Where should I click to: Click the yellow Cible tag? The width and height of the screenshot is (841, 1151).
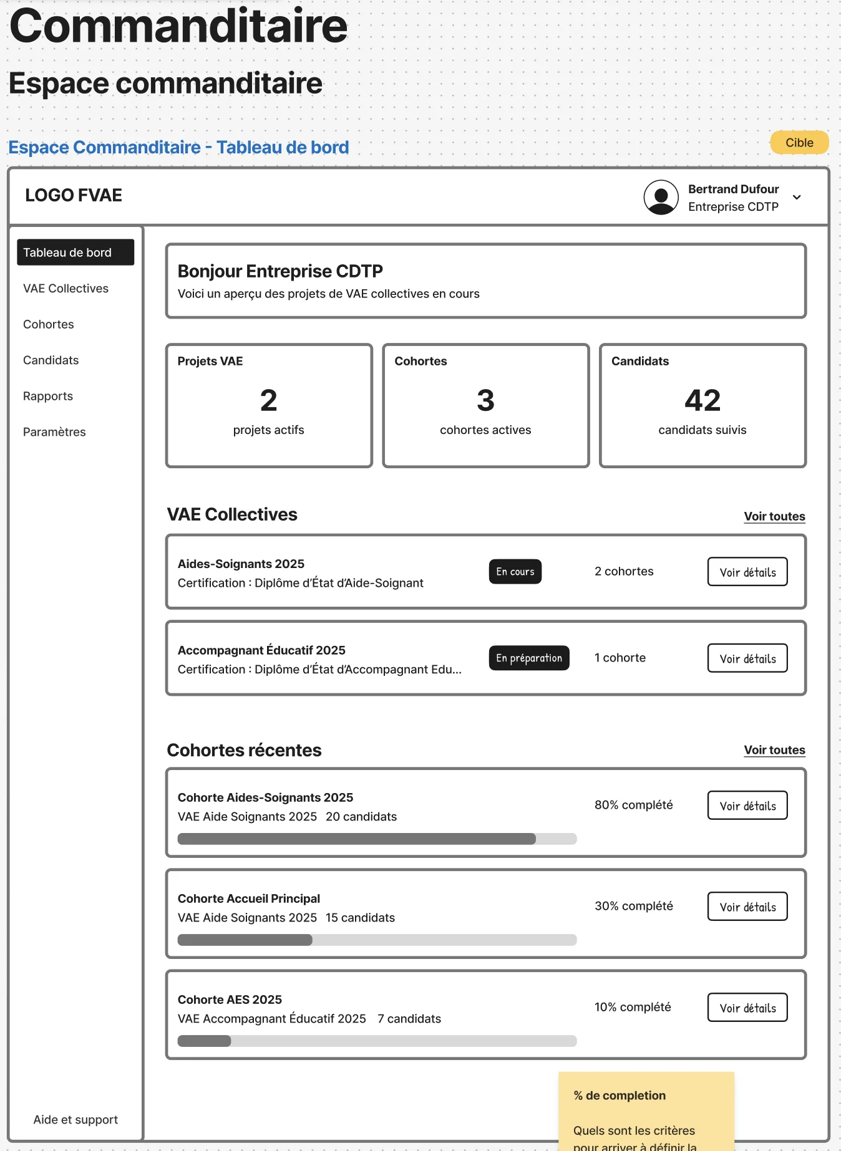click(x=799, y=143)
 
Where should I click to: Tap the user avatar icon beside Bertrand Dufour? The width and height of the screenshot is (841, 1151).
click(x=661, y=198)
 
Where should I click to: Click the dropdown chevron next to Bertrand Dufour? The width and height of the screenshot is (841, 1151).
click(x=797, y=198)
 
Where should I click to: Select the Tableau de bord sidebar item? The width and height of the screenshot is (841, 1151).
click(x=75, y=253)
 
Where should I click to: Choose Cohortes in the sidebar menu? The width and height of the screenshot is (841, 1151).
click(x=49, y=324)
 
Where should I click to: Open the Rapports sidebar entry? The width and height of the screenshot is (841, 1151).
click(x=48, y=396)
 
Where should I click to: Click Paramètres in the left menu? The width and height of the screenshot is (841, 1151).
click(x=54, y=432)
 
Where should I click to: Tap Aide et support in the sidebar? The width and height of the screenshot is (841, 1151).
click(x=75, y=1119)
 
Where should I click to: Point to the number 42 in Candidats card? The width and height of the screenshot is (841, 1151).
click(x=702, y=400)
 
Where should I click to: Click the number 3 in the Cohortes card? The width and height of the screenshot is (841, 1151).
click(x=485, y=400)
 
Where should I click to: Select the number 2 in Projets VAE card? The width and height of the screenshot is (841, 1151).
click(x=268, y=400)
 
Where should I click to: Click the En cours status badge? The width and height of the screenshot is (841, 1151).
click(x=515, y=572)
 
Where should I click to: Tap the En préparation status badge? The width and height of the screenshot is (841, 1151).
click(x=528, y=658)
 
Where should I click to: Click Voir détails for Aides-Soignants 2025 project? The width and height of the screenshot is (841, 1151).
click(x=747, y=572)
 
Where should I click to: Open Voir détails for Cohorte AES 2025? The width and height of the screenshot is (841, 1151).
click(x=747, y=1008)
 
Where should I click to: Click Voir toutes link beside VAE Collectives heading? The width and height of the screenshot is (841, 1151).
click(x=774, y=516)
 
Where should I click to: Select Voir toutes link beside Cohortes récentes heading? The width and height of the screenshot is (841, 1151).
click(x=774, y=750)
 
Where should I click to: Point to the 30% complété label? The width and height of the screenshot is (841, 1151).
click(x=633, y=906)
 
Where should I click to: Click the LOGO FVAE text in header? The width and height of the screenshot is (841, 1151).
click(x=74, y=196)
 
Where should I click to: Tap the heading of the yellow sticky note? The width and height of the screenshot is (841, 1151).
click(x=619, y=1096)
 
